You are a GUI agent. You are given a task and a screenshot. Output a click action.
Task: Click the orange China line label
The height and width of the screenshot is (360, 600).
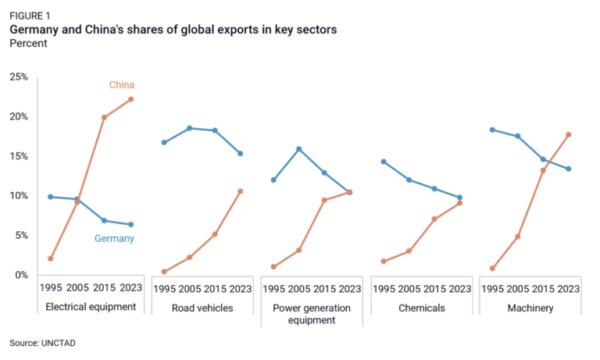pos(121,84)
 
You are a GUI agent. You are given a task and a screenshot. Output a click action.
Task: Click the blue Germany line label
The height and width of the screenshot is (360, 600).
pos(115,239)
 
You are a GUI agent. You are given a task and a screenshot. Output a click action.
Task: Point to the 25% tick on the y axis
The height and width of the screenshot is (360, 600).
pos(19,77)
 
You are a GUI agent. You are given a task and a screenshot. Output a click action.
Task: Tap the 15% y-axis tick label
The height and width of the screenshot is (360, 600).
pos(19,156)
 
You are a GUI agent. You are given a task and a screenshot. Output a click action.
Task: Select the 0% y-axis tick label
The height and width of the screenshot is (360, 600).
pos(21,275)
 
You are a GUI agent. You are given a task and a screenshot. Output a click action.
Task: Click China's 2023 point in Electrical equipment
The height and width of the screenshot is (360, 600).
pos(130,99)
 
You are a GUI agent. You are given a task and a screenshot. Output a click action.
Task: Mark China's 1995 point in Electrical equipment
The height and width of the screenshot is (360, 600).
pos(50,258)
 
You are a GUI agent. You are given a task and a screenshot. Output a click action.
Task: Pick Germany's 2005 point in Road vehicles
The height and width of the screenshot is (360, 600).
pos(189,128)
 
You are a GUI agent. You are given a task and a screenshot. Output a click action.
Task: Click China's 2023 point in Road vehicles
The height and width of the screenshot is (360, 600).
pos(241,191)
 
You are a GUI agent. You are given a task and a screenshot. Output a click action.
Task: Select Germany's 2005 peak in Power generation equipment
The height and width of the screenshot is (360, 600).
pos(298,149)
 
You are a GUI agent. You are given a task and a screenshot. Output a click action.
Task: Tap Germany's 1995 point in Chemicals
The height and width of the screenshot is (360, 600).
pos(383,162)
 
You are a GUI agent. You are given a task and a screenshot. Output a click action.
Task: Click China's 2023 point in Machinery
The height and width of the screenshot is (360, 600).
pos(569,134)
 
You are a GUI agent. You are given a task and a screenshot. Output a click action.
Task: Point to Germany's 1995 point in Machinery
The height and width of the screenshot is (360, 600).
pos(492,130)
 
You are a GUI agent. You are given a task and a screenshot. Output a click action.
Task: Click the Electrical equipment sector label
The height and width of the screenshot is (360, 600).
pos(91,307)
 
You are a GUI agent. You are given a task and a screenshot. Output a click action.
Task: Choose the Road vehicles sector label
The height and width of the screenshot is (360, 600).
pos(202,308)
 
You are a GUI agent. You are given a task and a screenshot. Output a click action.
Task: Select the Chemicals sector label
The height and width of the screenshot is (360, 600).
pos(421,308)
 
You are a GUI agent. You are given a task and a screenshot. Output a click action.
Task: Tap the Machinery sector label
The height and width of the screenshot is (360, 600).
pos(530,308)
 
